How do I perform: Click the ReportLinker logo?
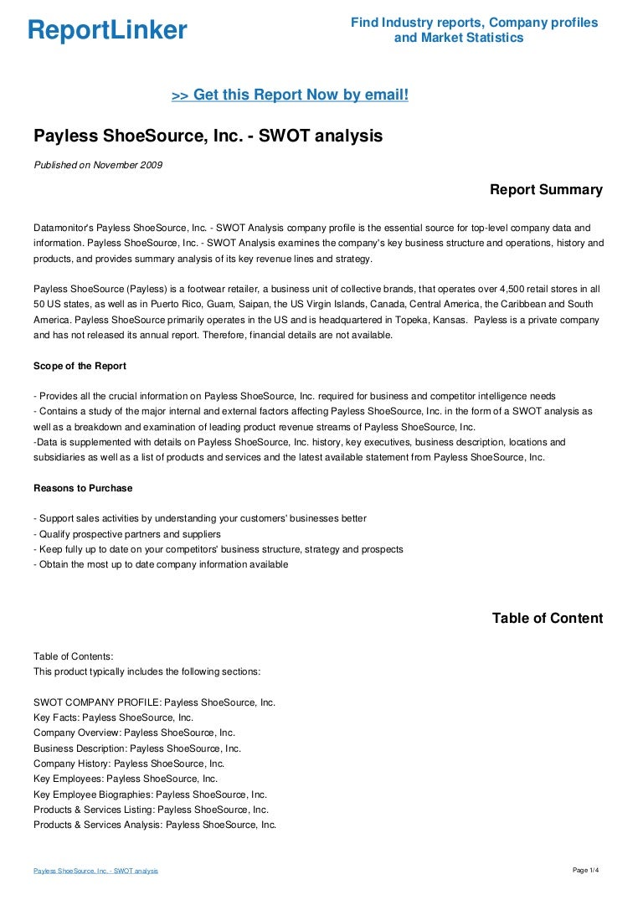pos(107,31)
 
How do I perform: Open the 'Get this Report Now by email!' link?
pos(290,95)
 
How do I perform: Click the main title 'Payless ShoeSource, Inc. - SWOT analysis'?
pos(208,136)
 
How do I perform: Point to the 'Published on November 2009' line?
pos(98,164)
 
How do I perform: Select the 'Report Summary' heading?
pos(546,190)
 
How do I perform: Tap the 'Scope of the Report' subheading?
pos(80,366)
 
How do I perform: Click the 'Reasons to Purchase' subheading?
pos(83,488)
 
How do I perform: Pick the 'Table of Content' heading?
pos(547,619)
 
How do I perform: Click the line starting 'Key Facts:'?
pos(113,717)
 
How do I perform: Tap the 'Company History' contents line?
pos(129,763)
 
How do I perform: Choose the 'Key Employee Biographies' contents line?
pos(150,794)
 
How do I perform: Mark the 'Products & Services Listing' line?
pos(151,810)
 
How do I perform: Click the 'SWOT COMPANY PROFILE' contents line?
pos(154,702)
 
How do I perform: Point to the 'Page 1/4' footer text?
pos(585,871)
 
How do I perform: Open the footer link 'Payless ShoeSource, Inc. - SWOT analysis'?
pos(95,871)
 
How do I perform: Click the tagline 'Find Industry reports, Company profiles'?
pos(474,23)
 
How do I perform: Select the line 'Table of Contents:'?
pos(73,656)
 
